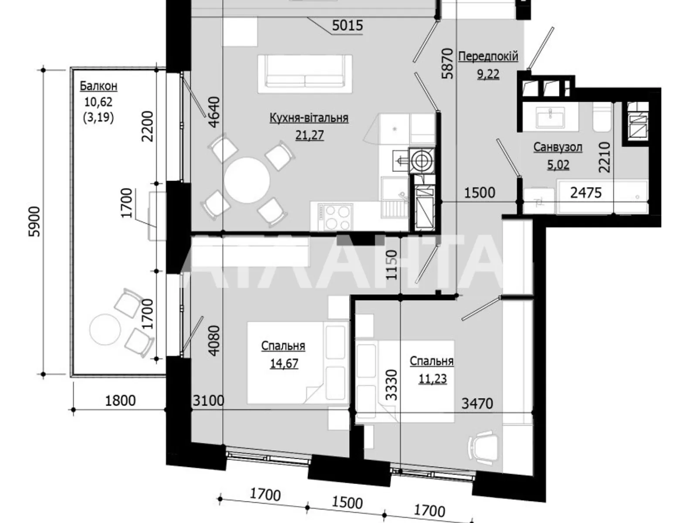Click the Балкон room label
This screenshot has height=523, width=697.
click(x=98, y=86)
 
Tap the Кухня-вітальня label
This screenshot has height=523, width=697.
click(x=309, y=118)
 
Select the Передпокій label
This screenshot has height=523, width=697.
click(x=488, y=56)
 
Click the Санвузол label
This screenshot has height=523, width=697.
click(x=558, y=147)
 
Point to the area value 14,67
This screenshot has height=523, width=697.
click(x=284, y=363)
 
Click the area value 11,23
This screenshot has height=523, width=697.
click(x=433, y=378)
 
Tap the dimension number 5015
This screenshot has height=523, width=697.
click(x=347, y=26)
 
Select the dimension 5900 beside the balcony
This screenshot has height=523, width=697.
click(x=34, y=221)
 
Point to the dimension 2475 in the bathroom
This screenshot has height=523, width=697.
click(x=586, y=192)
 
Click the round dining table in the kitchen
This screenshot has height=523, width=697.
click(x=247, y=180)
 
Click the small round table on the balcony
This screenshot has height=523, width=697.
click(x=105, y=330)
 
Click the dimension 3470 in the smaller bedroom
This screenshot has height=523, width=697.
click(x=477, y=403)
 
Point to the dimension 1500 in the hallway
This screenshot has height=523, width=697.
click(x=479, y=192)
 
